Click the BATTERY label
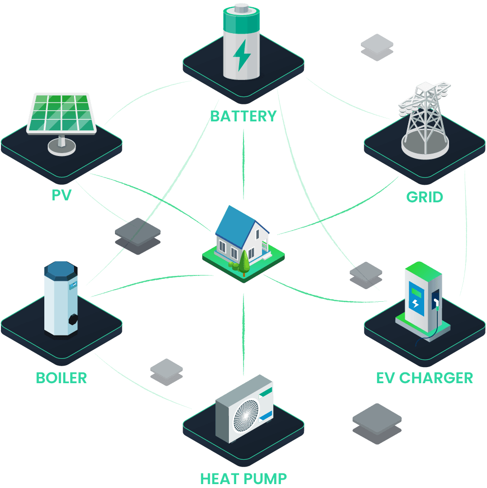tap(243, 116)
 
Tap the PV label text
tap(61, 195)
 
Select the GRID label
tap(425, 197)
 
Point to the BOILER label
tap(61, 378)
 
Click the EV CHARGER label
tap(425, 378)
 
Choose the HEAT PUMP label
tap(243, 478)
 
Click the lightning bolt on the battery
tap(242, 55)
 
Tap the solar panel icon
tap(61, 113)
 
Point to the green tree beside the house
tap(244, 262)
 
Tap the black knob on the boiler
tap(74, 319)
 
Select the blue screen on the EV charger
tap(416, 297)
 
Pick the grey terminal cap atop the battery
tap(241, 8)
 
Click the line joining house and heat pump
tap(243, 332)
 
